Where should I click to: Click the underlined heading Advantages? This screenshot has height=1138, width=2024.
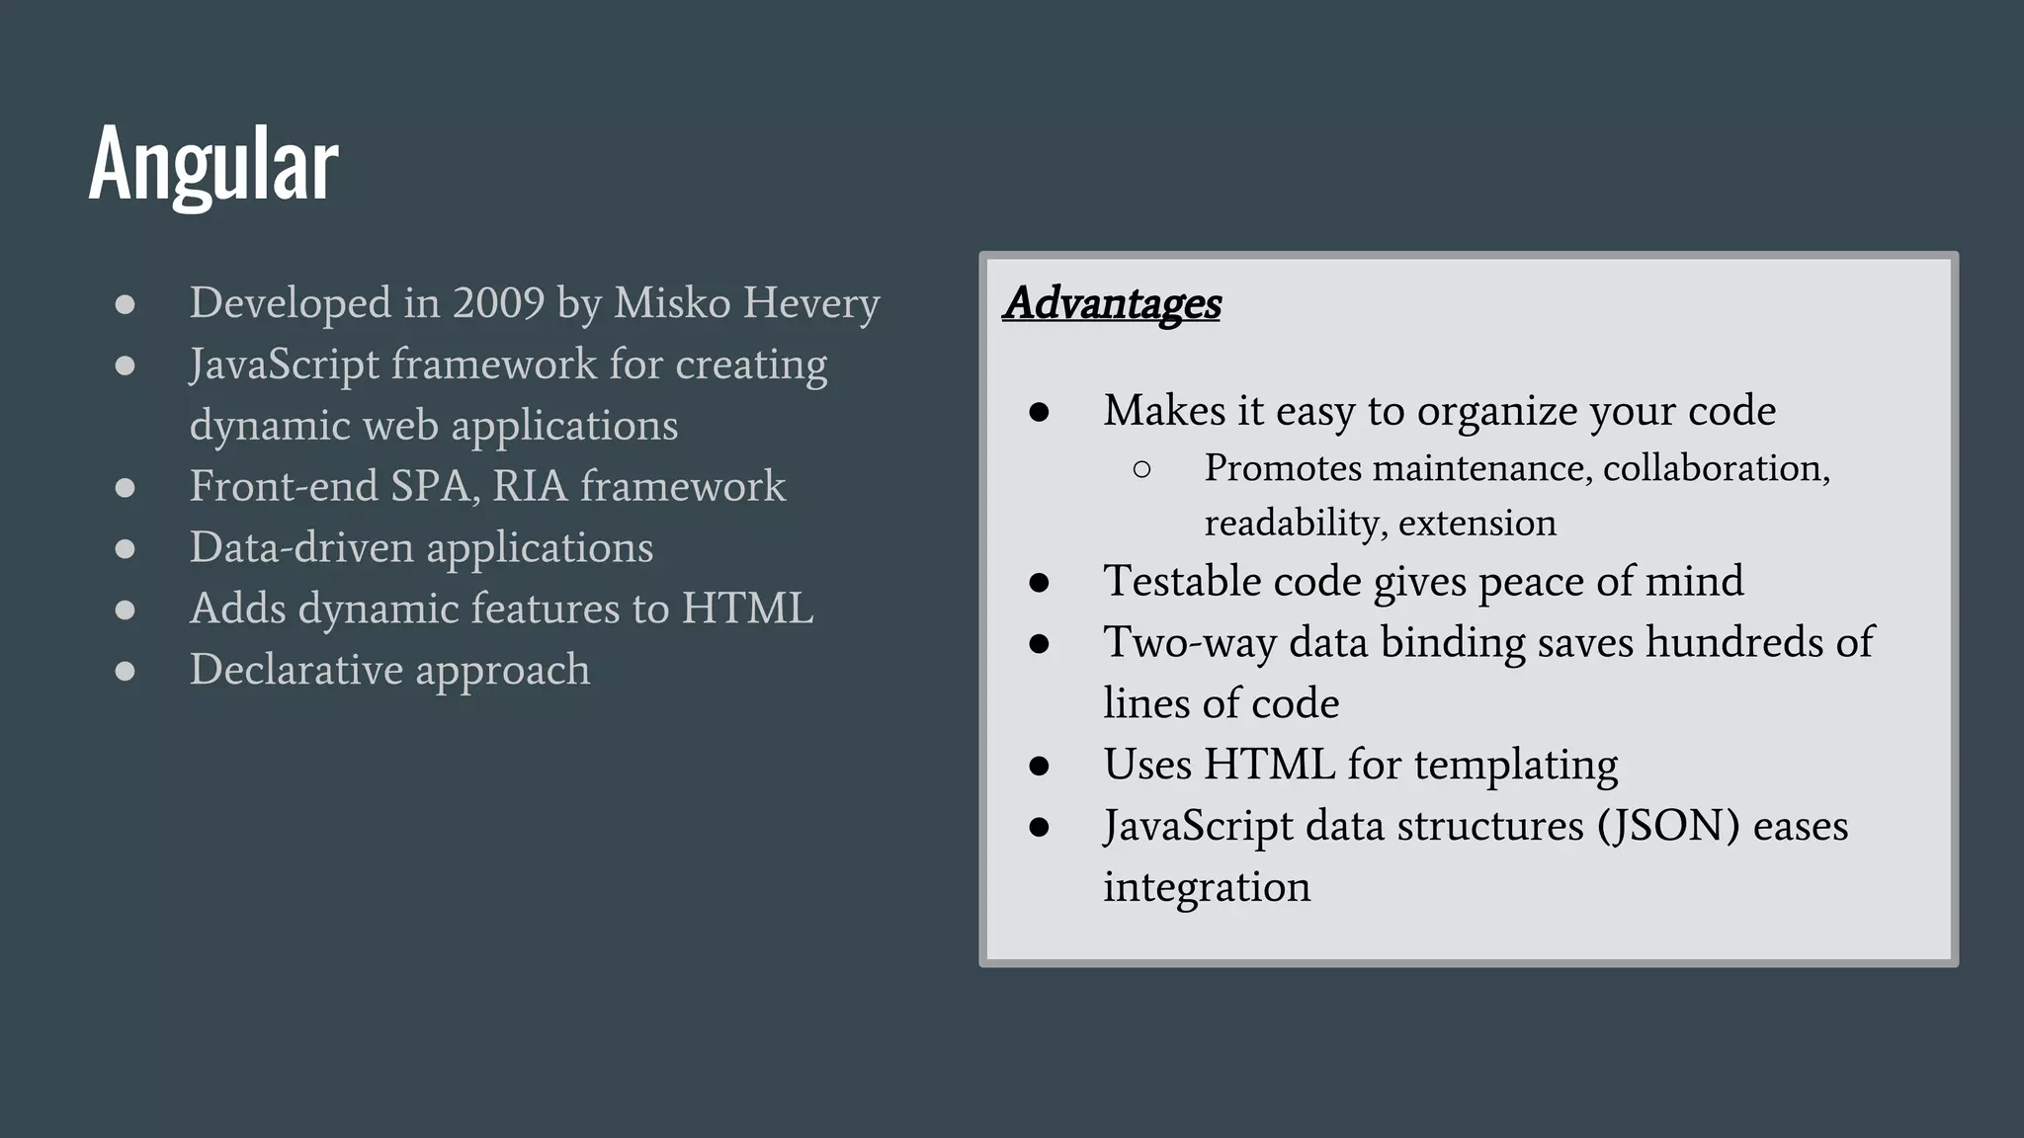pyautogui.click(x=1112, y=303)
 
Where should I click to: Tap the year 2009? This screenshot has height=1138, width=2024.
pyautogui.click(x=498, y=302)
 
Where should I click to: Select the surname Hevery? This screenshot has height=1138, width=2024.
pyautogui.click(x=811, y=302)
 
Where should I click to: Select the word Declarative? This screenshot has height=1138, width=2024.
pyautogui.click(x=296, y=670)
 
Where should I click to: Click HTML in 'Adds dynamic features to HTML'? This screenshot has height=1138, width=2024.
pyautogui.click(x=747, y=609)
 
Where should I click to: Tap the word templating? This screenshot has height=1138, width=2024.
pyautogui.click(x=1516, y=766)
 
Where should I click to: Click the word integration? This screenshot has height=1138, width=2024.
pyautogui.click(x=1207, y=887)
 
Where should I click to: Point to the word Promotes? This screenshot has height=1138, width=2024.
pyautogui.click(x=1283, y=468)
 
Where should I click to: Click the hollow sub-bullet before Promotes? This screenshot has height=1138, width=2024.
pyautogui.click(x=1141, y=470)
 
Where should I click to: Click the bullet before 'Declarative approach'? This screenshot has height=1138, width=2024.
pyautogui.click(x=125, y=672)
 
